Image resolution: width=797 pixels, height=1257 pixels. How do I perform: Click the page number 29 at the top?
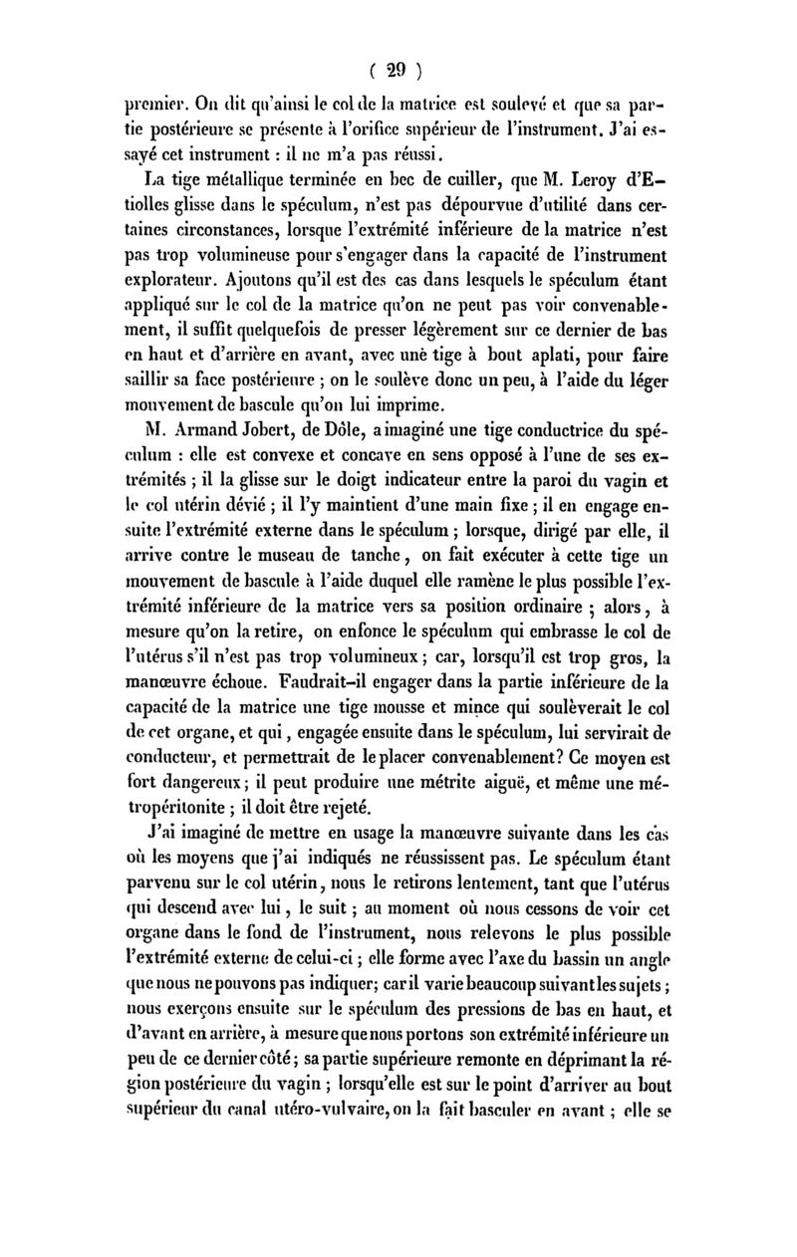coord(398,70)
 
